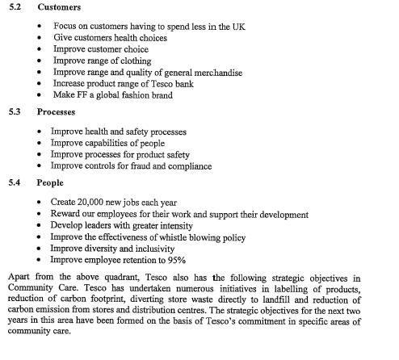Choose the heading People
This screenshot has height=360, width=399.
click(x=52, y=183)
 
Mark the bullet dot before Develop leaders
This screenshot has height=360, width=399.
click(x=40, y=226)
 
